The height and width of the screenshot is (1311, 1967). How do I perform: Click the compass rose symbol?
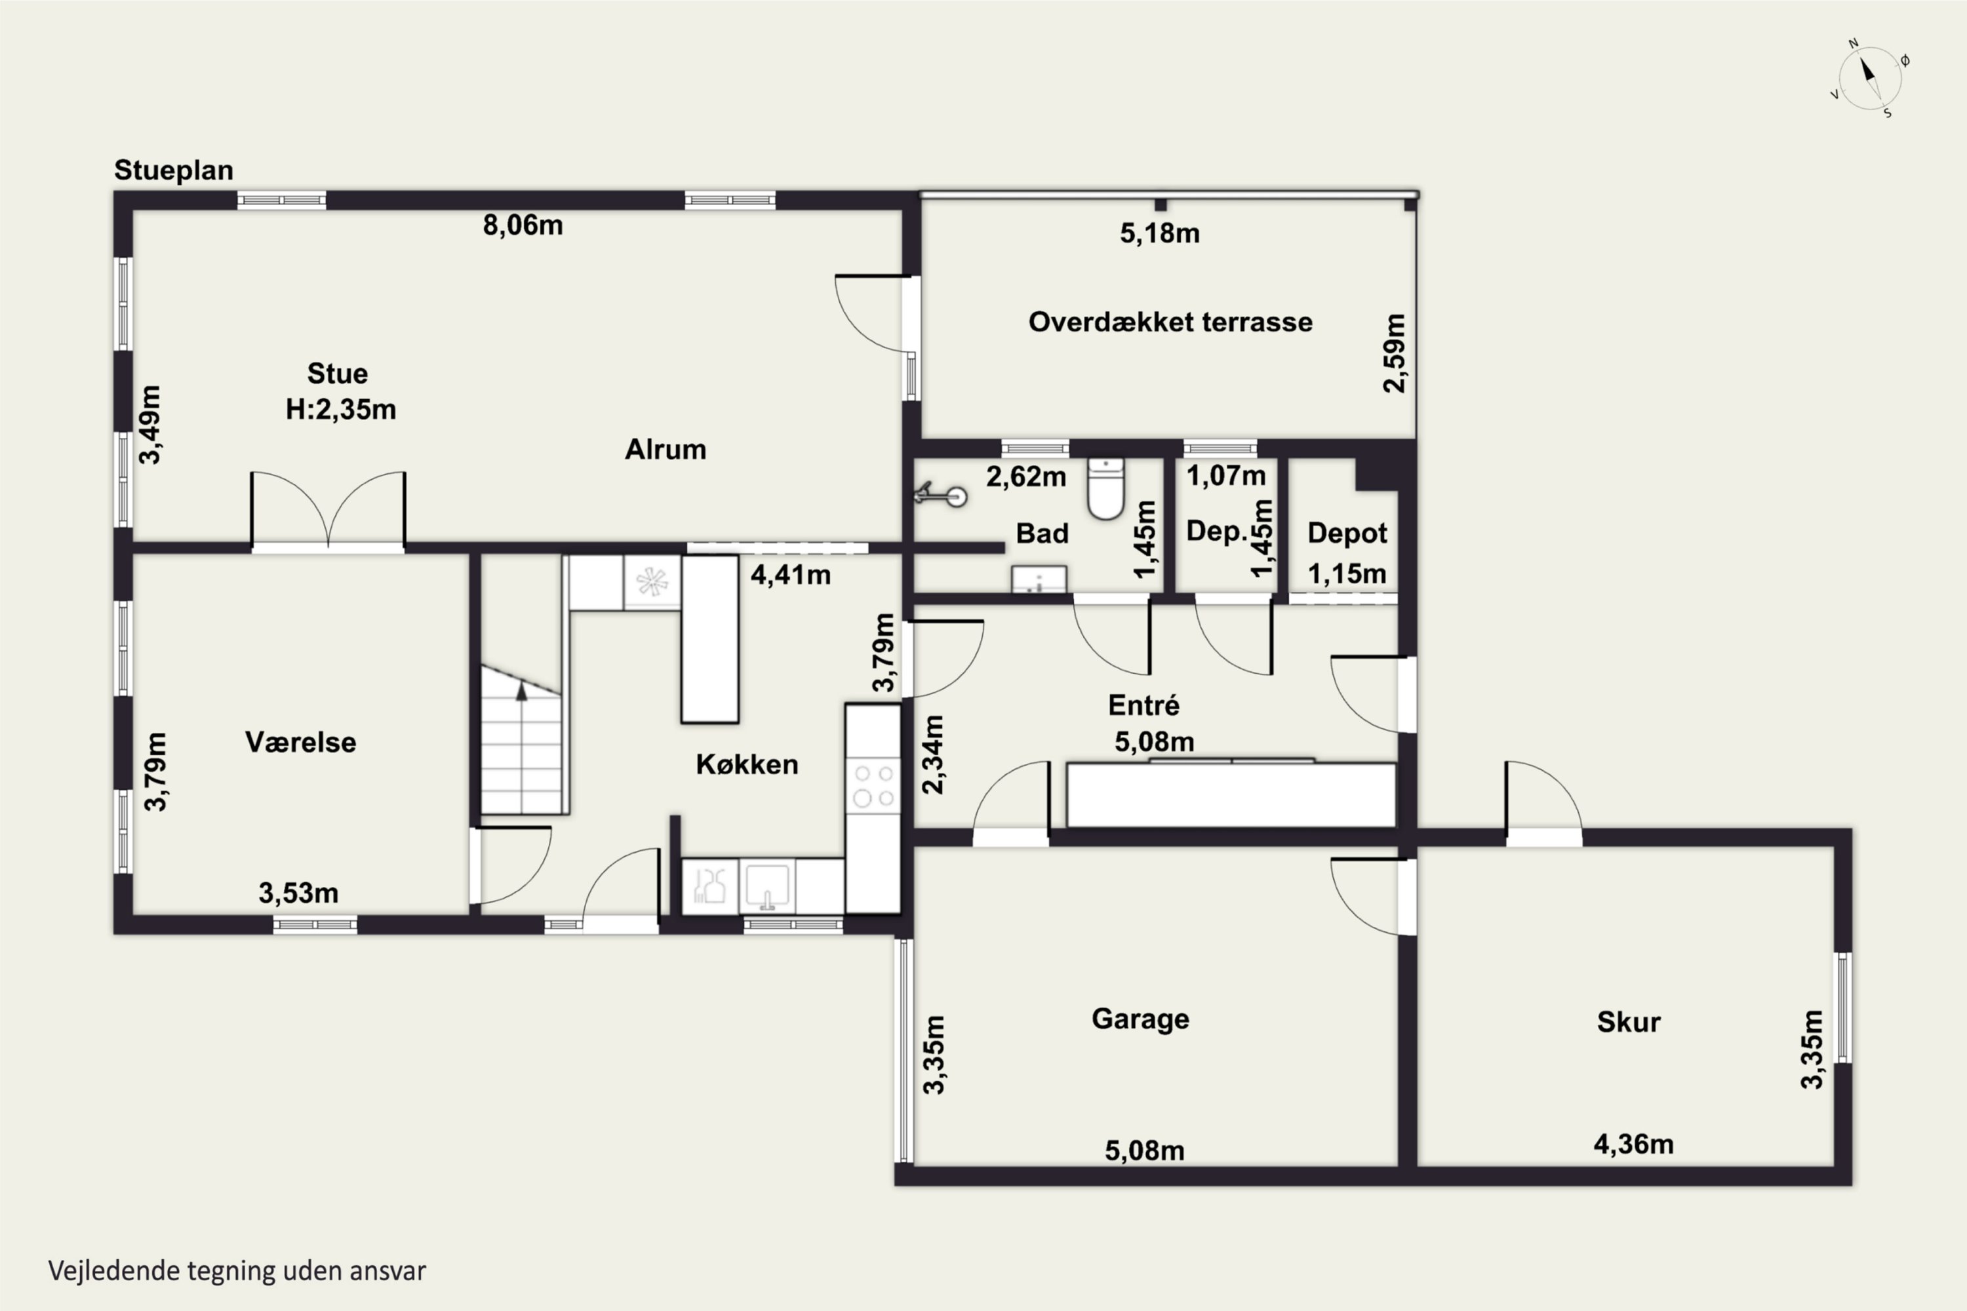tap(1870, 79)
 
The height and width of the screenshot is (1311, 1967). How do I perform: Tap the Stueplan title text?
tap(174, 170)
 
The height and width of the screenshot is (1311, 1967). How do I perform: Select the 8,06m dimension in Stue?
tap(523, 225)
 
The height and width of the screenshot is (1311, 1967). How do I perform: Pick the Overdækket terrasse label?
tap(1170, 322)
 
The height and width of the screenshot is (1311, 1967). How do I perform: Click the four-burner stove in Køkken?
tap(873, 786)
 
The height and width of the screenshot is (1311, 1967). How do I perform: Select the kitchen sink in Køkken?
tap(767, 887)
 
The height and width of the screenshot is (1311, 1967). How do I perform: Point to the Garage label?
tap(1140, 1019)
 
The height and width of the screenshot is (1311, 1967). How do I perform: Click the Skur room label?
tap(1628, 1022)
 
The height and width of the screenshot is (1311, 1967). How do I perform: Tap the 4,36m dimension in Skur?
tap(1633, 1144)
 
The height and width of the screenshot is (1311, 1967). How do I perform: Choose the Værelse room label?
tap(300, 743)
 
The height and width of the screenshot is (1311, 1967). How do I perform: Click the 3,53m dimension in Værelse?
tap(298, 893)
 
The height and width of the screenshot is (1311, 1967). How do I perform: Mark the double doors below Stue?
tap(328, 510)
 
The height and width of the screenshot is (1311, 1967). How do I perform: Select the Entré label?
tap(1143, 705)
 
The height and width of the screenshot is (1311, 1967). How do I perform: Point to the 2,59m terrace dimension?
tap(1394, 353)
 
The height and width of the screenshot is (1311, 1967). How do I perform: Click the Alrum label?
tap(666, 450)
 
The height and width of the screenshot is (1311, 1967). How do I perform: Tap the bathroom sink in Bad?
tap(1039, 579)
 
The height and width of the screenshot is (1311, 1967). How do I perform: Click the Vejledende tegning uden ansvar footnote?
tap(237, 1271)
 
